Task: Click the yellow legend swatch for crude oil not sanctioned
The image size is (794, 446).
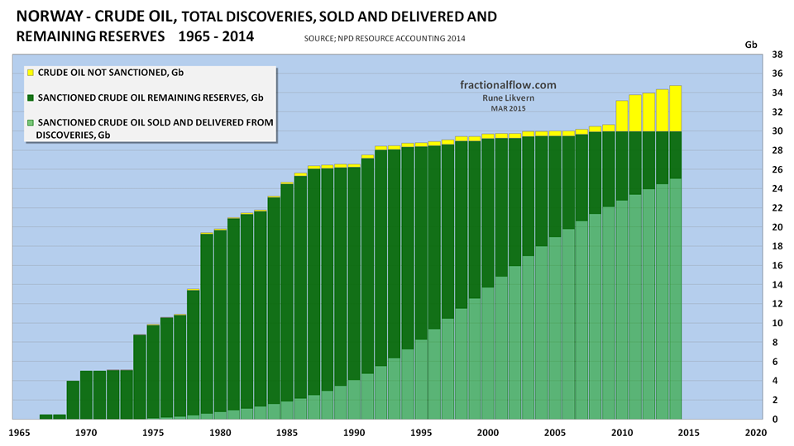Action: [x=31, y=73]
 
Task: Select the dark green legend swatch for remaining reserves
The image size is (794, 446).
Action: [x=31, y=97]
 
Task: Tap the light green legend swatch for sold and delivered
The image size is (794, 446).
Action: [x=31, y=122]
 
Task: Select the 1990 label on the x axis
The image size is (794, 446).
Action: [x=354, y=432]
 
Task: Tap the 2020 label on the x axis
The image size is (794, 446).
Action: [x=754, y=432]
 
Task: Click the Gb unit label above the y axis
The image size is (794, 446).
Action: [x=751, y=43]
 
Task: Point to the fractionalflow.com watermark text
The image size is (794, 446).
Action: [x=508, y=84]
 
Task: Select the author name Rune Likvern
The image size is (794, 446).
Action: [x=508, y=97]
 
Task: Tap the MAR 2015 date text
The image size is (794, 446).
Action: [x=508, y=108]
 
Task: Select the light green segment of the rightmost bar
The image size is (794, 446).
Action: [x=675, y=297]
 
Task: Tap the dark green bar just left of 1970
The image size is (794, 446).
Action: [x=73, y=400]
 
